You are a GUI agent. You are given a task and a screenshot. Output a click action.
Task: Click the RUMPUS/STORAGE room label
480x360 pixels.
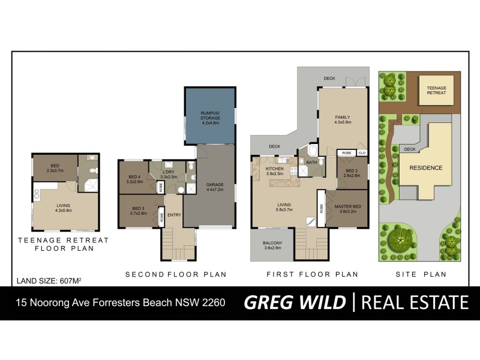click(x=210, y=115)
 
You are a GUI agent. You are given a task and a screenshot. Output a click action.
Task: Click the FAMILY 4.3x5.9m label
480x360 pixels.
click(x=342, y=119)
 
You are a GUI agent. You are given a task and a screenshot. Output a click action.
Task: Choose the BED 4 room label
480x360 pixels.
click(x=134, y=179)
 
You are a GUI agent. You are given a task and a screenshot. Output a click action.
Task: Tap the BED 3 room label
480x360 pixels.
click(x=138, y=211)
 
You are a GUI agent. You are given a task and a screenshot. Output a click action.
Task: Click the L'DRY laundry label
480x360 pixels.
click(x=168, y=175)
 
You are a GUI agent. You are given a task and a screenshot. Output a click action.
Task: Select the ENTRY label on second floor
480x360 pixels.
click(x=175, y=215)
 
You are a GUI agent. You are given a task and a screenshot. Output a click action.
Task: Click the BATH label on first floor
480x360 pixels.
click(x=311, y=162)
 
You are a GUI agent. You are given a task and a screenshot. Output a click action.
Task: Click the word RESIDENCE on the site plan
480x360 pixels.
click(x=426, y=168)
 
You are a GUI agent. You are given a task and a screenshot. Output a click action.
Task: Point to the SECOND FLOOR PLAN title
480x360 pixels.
click(x=176, y=275)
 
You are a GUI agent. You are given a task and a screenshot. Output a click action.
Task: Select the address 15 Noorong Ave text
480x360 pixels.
click(x=120, y=302)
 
